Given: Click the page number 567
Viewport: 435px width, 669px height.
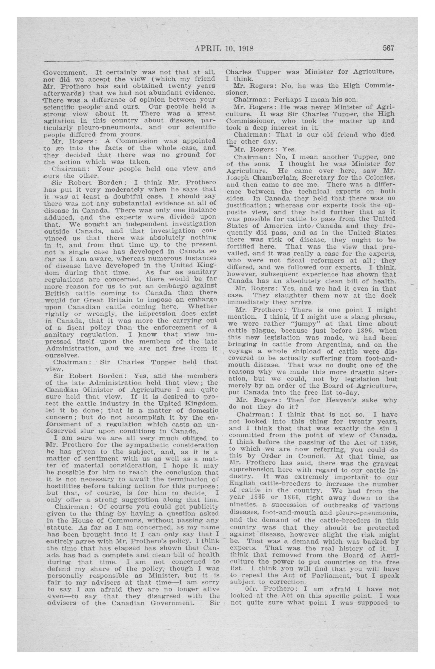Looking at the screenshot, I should (x=388, y=48).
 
